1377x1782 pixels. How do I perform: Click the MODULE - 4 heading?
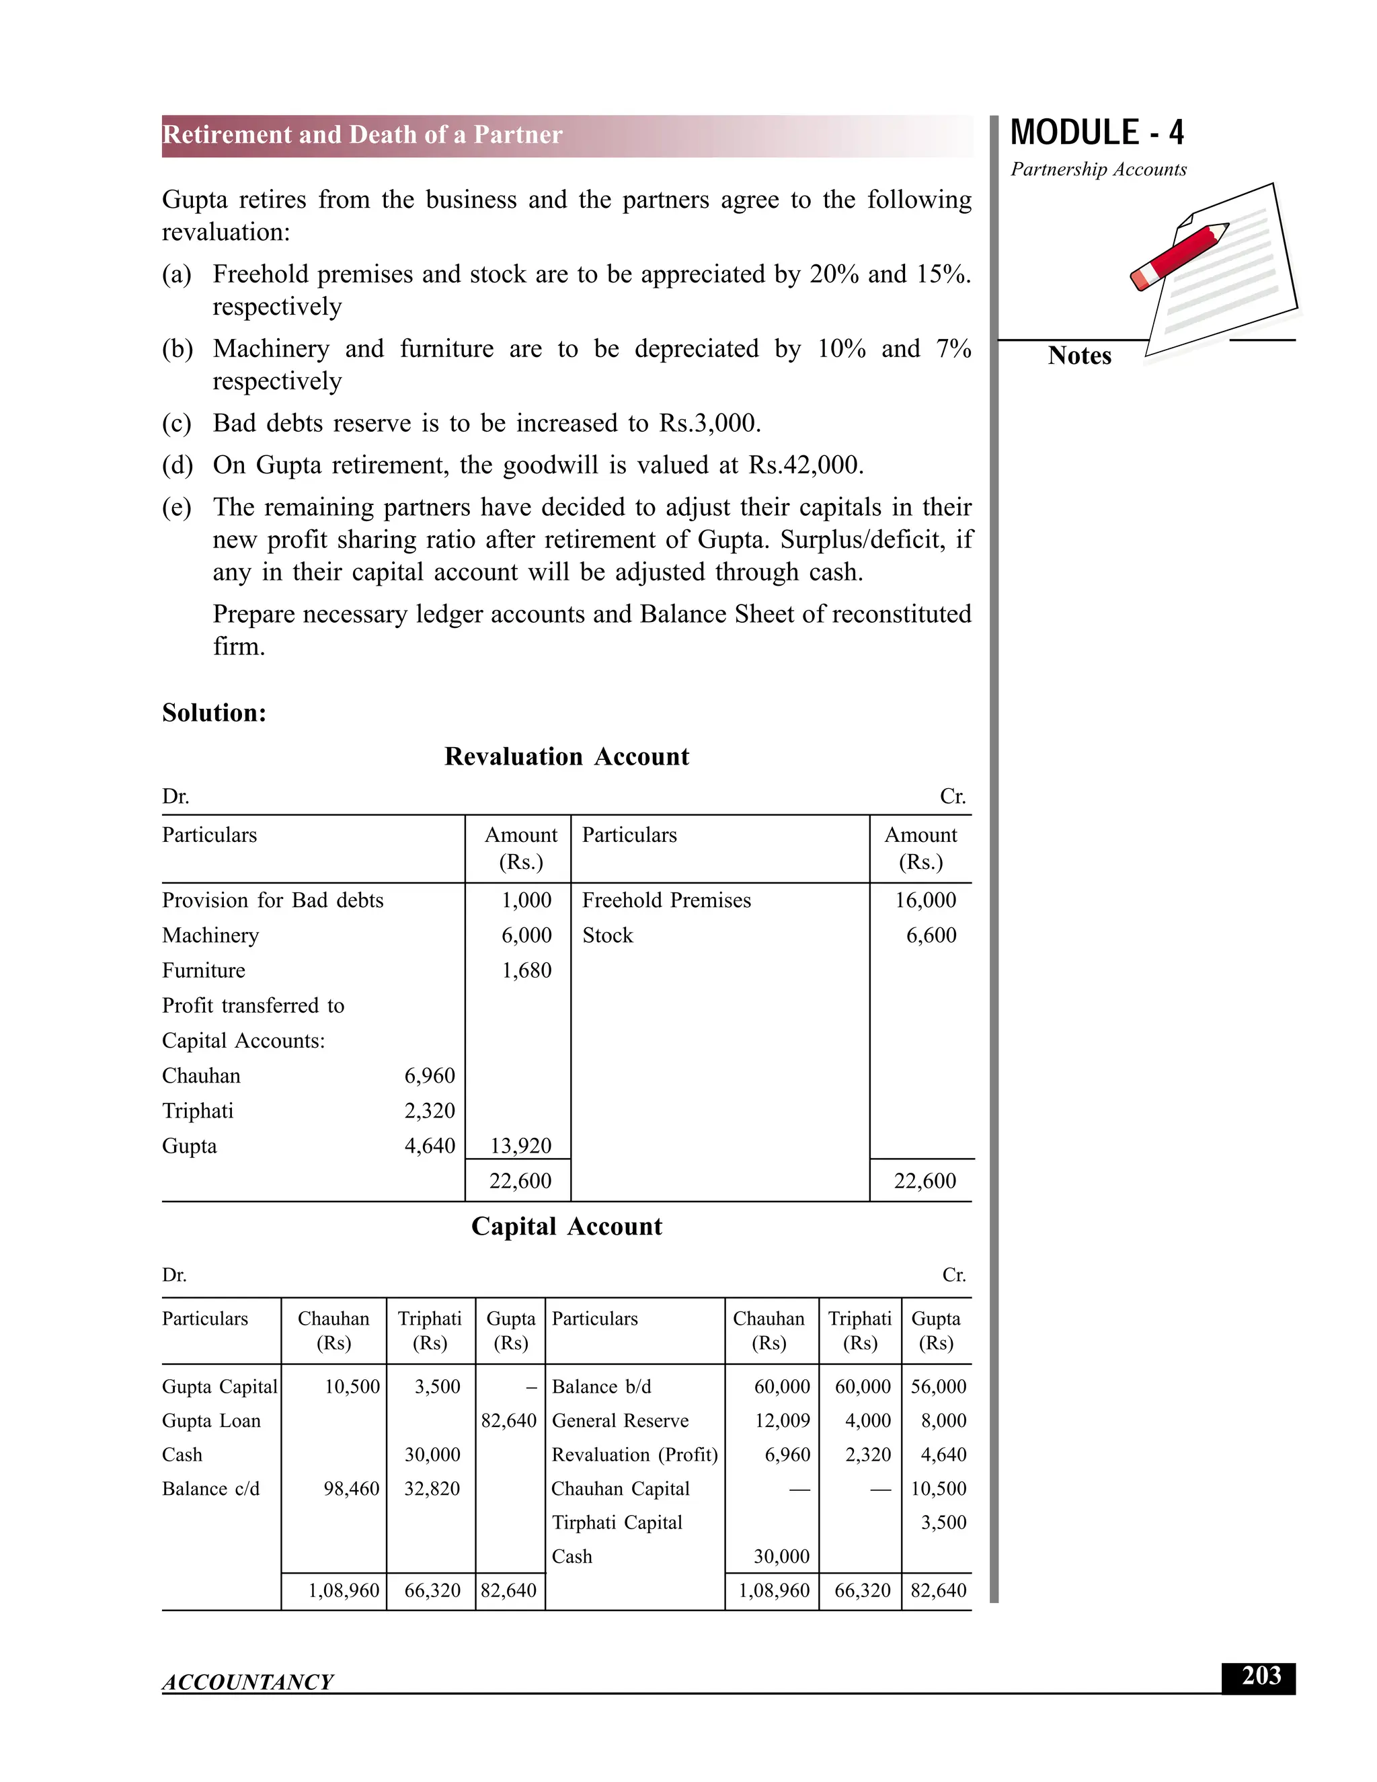[1097, 133]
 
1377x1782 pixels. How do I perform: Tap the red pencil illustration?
[1179, 256]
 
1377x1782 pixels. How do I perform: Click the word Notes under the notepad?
[1079, 356]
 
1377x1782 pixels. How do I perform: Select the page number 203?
[1261, 1675]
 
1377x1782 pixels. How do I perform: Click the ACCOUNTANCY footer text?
[247, 1682]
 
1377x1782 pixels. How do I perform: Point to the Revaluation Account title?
[566, 757]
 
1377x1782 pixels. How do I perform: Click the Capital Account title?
[566, 1227]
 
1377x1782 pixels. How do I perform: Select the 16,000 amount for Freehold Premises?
[925, 900]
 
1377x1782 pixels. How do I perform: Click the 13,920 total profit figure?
[520, 1146]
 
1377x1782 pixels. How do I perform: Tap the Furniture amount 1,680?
[526, 970]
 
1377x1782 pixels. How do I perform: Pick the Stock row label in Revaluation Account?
[607, 935]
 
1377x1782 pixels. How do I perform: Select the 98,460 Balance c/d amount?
[351, 1488]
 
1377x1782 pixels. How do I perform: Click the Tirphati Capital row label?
[616, 1522]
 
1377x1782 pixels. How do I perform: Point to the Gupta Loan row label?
[211, 1420]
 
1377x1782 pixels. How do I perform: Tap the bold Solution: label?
[214, 713]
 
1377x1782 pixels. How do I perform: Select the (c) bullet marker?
[176, 424]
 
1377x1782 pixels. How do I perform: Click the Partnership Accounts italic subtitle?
[1098, 169]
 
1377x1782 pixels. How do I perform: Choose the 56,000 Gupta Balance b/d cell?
[938, 1387]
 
